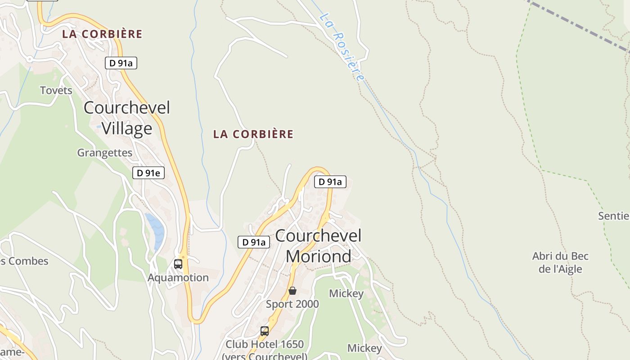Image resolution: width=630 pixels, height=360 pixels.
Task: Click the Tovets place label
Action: point(56,90)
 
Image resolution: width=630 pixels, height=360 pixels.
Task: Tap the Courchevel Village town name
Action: point(127,118)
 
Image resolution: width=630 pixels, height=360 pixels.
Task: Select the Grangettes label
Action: point(105,153)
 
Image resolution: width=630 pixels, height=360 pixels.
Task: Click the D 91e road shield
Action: point(148,173)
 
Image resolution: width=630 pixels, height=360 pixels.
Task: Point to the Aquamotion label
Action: point(178,278)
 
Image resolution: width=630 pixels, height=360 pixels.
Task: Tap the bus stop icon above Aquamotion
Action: point(178,264)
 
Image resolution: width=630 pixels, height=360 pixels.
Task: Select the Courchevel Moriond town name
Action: point(319,246)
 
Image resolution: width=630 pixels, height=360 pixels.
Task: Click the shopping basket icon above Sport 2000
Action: point(292,291)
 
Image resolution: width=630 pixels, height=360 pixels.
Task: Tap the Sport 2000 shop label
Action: point(292,304)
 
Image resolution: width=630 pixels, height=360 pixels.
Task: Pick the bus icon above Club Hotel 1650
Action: point(265,331)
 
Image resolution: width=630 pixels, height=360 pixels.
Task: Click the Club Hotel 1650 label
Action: point(265,345)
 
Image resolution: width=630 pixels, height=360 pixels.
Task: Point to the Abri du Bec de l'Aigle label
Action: point(560,262)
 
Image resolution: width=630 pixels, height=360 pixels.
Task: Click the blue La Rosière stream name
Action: point(342,47)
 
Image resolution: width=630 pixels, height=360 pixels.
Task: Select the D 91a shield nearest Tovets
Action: point(121,63)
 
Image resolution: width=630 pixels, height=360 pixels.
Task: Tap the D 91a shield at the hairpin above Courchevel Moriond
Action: point(330,182)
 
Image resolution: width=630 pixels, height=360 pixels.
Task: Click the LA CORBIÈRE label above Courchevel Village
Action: point(102,34)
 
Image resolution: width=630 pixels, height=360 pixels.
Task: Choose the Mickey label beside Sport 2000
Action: point(346,294)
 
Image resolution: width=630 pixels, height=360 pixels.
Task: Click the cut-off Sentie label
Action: point(614,216)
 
